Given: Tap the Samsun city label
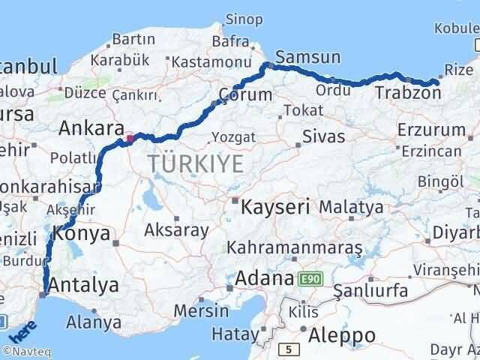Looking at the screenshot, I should tap(307, 58).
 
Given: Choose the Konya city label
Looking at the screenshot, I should tap(82, 235).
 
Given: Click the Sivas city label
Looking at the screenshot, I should tap(323, 136).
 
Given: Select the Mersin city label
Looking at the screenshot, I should tap(200, 310).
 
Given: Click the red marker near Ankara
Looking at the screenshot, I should tap(130, 138).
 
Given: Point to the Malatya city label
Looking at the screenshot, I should tap(351, 206).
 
